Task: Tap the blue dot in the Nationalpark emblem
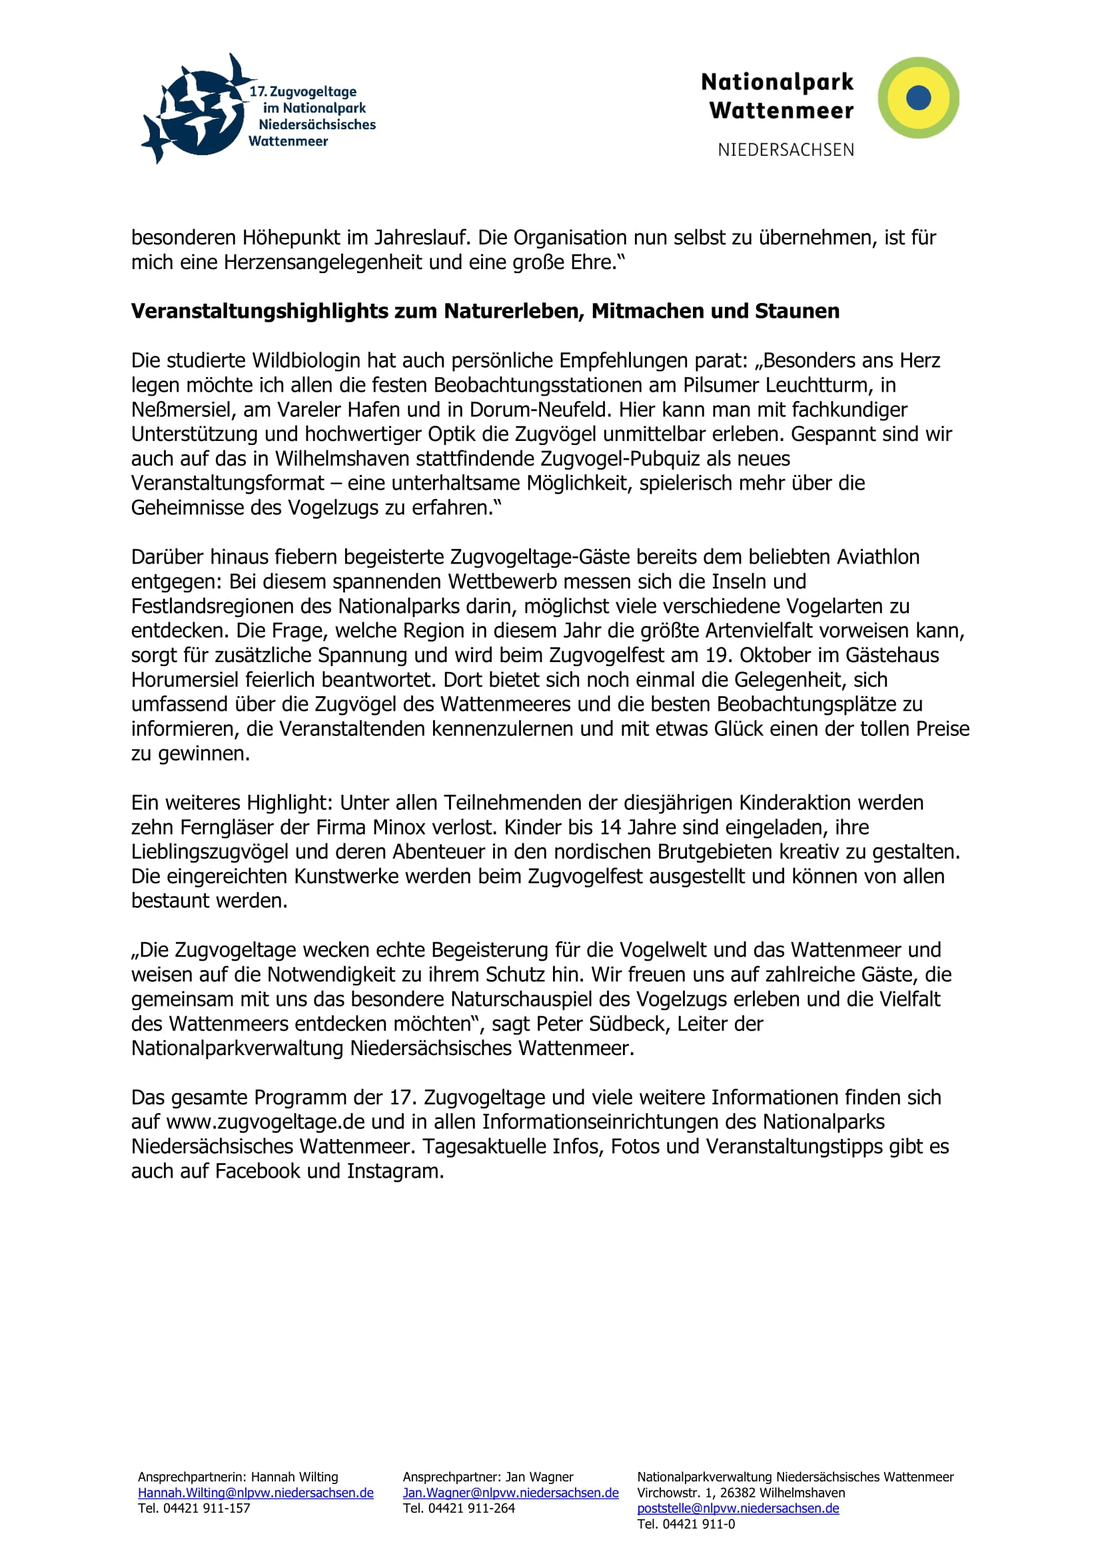918,98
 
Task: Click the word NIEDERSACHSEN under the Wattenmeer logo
786,150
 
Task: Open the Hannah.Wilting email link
255,1493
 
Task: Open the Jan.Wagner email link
510,1493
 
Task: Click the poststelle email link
738,1509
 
